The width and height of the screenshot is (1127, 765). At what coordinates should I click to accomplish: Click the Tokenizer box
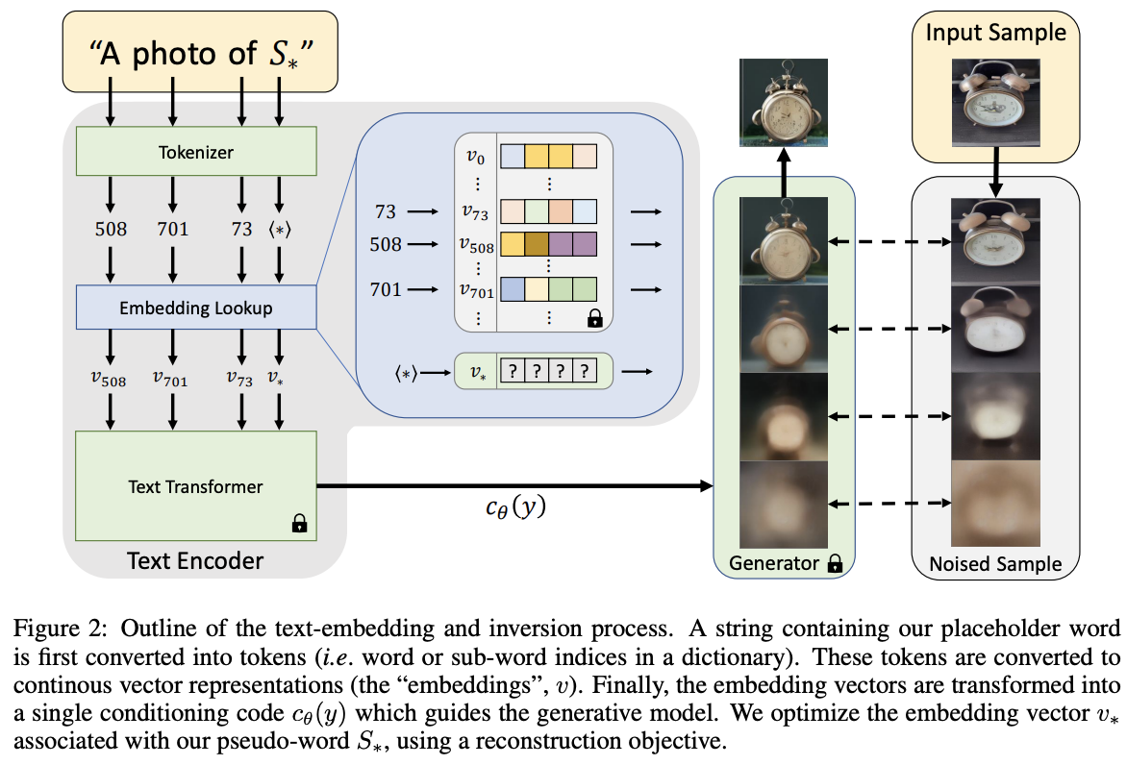tap(196, 152)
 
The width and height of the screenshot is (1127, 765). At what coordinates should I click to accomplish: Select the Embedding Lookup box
tap(196, 308)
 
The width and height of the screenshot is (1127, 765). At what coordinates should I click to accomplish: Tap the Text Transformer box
tap(196, 486)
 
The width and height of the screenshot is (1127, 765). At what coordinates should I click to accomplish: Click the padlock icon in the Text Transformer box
tap(299, 524)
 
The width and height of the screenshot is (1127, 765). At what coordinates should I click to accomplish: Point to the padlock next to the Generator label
tap(835, 565)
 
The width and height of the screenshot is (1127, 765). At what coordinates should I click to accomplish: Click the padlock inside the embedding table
tap(595, 318)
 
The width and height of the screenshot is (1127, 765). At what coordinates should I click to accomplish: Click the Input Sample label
tap(995, 33)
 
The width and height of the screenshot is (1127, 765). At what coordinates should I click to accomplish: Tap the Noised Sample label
tap(995, 565)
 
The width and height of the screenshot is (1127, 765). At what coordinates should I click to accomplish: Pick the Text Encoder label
tap(195, 559)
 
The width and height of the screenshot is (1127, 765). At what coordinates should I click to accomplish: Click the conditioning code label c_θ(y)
tap(514, 507)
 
